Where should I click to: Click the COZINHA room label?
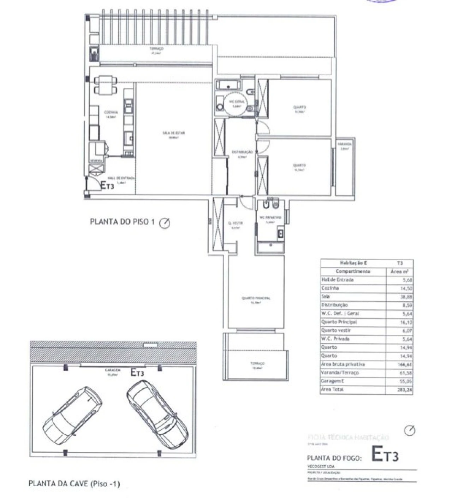[x=111, y=112]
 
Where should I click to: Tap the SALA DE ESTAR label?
[x=174, y=133]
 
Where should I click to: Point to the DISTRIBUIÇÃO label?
[x=242, y=152]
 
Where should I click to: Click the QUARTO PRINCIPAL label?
[x=256, y=298]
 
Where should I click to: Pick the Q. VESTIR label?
[x=236, y=223]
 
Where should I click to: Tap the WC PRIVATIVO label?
[x=270, y=218]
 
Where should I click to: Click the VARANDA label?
[x=345, y=144]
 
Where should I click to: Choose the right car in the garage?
[x=157, y=413]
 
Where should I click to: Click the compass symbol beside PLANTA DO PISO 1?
[x=165, y=223]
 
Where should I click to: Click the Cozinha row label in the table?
[x=330, y=288]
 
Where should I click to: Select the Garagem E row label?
[x=332, y=381]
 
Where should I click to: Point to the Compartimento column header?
[x=353, y=271]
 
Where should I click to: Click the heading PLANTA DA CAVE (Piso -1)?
[x=74, y=483]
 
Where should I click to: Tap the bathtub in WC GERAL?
[x=228, y=85]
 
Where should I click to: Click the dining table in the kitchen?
[x=106, y=85]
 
